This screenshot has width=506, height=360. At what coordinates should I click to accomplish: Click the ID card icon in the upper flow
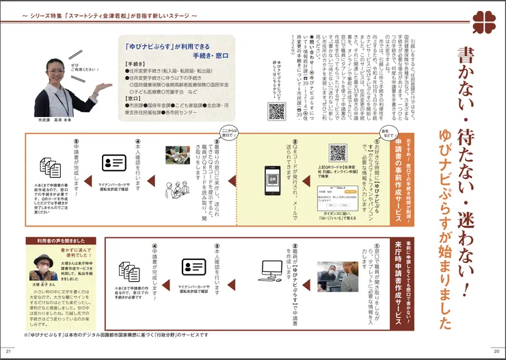click(x=114, y=162)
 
